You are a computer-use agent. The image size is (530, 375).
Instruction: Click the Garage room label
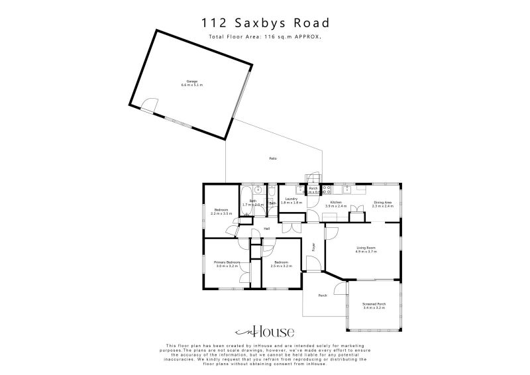(x=192, y=81)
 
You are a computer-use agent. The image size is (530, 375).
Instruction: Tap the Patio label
(x=273, y=158)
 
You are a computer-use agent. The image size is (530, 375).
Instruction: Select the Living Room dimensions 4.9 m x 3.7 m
(x=366, y=252)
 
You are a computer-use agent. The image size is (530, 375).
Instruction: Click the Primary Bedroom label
(x=226, y=262)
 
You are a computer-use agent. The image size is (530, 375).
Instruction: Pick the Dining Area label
(x=383, y=202)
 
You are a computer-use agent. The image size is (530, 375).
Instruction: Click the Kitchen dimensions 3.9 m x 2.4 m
(x=336, y=206)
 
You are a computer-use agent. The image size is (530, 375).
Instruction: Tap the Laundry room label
(x=291, y=199)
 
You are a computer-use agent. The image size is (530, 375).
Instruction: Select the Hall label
(x=267, y=229)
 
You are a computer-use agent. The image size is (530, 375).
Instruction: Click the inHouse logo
(x=265, y=332)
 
